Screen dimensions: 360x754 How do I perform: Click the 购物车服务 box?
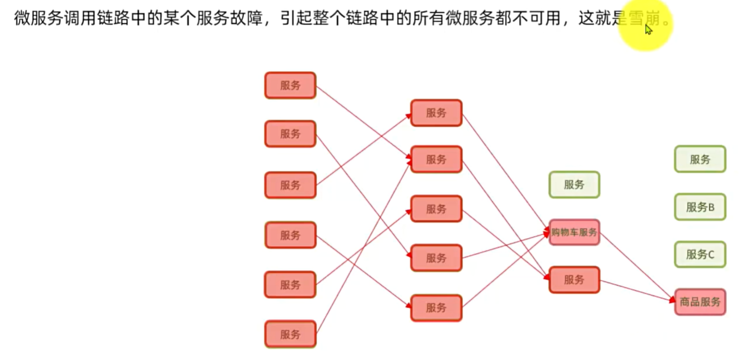(x=574, y=232)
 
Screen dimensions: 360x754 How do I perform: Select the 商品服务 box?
(x=700, y=302)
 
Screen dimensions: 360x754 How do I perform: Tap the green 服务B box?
(x=700, y=207)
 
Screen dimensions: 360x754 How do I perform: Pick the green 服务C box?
(x=700, y=255)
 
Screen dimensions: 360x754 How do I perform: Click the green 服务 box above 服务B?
(x=700, y=159)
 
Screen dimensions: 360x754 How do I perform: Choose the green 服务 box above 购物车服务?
(x=574, y=184)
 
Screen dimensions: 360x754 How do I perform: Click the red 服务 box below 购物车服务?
(x=574, y=280)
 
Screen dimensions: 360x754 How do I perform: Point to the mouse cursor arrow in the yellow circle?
(x=648, y=29)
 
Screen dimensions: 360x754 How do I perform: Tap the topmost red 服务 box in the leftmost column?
(x=290, y=86)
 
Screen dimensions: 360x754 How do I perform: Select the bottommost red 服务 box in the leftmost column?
(x=290, y=335)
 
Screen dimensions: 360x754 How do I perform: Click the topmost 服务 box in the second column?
(x=436, y=113)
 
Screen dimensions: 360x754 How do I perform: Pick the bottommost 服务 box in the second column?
(x=436, y=308)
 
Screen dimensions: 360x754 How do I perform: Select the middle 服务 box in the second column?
(x=436, y=209)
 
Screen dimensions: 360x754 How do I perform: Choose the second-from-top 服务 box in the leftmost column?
(x=290, y=134)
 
